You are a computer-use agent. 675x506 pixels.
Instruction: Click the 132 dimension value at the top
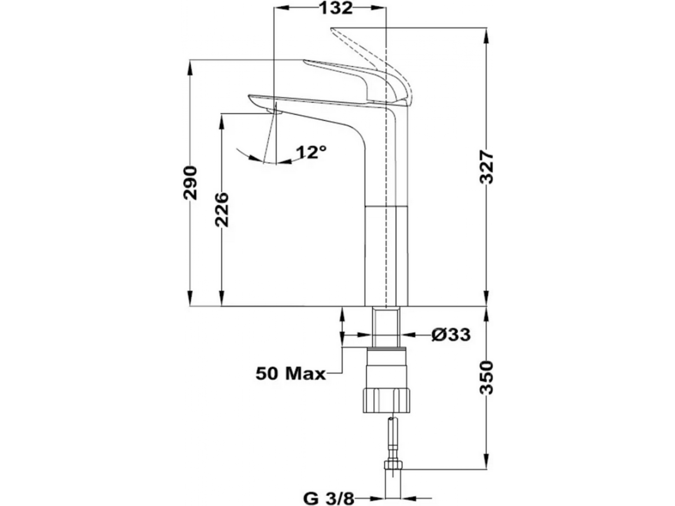336,8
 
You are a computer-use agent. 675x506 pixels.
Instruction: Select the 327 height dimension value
486,167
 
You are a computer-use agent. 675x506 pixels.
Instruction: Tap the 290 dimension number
190,183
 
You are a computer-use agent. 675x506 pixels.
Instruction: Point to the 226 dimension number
222,209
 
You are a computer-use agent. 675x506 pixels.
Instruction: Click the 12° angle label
311,152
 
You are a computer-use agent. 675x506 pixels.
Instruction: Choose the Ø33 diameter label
451,335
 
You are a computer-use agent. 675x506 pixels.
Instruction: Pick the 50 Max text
291,374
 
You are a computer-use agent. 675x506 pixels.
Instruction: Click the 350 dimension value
486,377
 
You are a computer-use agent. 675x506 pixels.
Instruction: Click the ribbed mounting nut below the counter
386,400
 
